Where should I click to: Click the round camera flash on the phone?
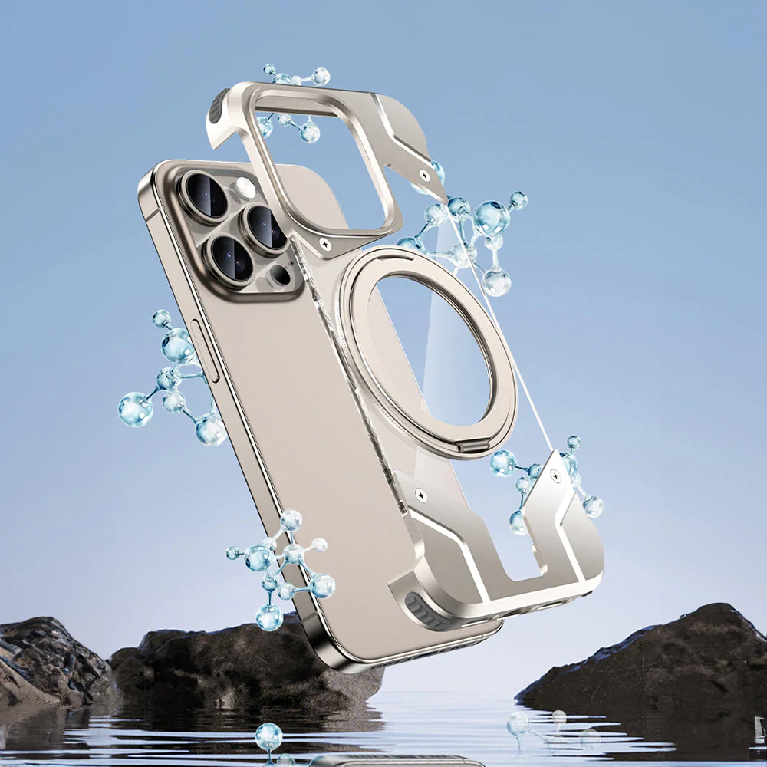[245, 188]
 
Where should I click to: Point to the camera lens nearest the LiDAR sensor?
[232, 258]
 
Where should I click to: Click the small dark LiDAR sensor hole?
[281, 275]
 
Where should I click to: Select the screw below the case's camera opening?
[325, 245]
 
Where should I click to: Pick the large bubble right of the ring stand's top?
[491, 218]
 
